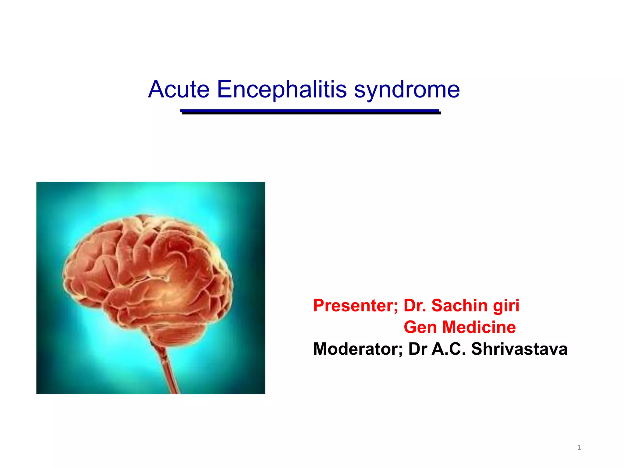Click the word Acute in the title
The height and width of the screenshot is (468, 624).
[179, 89]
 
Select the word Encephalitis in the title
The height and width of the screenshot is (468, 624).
[282, 89]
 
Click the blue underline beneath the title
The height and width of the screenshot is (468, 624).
[310, 112]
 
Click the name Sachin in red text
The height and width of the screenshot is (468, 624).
[459, 306]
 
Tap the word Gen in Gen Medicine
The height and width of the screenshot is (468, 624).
[420, 327]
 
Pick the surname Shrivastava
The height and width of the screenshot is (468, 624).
[519, 349]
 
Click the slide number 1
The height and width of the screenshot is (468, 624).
[579, 447]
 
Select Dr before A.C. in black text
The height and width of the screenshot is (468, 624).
[417, 349]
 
